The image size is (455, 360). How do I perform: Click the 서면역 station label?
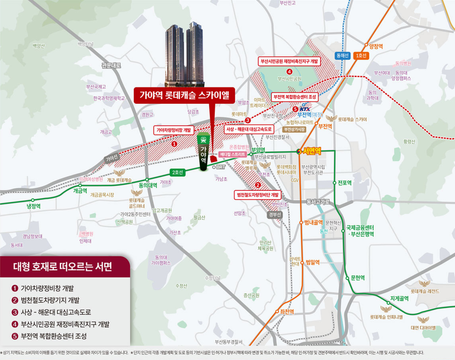pyautogui.click(x=312, y=151)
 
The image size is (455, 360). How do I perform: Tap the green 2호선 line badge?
pyautogui.click(x=178, y=172)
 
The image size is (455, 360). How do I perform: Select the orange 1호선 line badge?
pyautogui.click(x=361, y=56)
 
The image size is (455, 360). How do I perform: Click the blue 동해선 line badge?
pyautogui.click(x=342, y=56)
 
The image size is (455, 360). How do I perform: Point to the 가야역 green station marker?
pyautogui.click(x=203, y=152)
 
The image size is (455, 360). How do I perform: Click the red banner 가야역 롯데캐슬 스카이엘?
pyautogui.click(x=184, y=95)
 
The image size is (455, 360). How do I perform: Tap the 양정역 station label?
pyautogui.click(x=376, y=46)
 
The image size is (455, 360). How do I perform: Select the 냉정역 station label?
pyautogui.click(x=33, y=206)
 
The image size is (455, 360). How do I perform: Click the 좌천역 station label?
pyautogui.click(x=287, y=312)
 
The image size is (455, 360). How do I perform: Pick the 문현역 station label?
pyautogui.click(x=357, y=278)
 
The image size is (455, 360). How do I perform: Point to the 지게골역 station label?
pyautogui.click(x=399, y=299)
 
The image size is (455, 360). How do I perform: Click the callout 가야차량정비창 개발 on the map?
pyautogui.click(x=174, y=130)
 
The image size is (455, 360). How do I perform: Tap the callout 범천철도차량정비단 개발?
pyautogui.click(x=258, y=195)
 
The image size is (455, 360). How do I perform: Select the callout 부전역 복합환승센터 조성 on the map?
pyautogui.click(x=294, y=97)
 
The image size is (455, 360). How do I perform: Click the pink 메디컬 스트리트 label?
pyautogui.click(x=233, y=154)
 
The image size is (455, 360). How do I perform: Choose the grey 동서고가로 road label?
pyautogui.click(x=317, y=202)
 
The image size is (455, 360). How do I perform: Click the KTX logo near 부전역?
pyautogui.click(x=305, y=109)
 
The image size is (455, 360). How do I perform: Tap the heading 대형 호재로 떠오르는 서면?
pyautogui.click(x=62, y=267)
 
